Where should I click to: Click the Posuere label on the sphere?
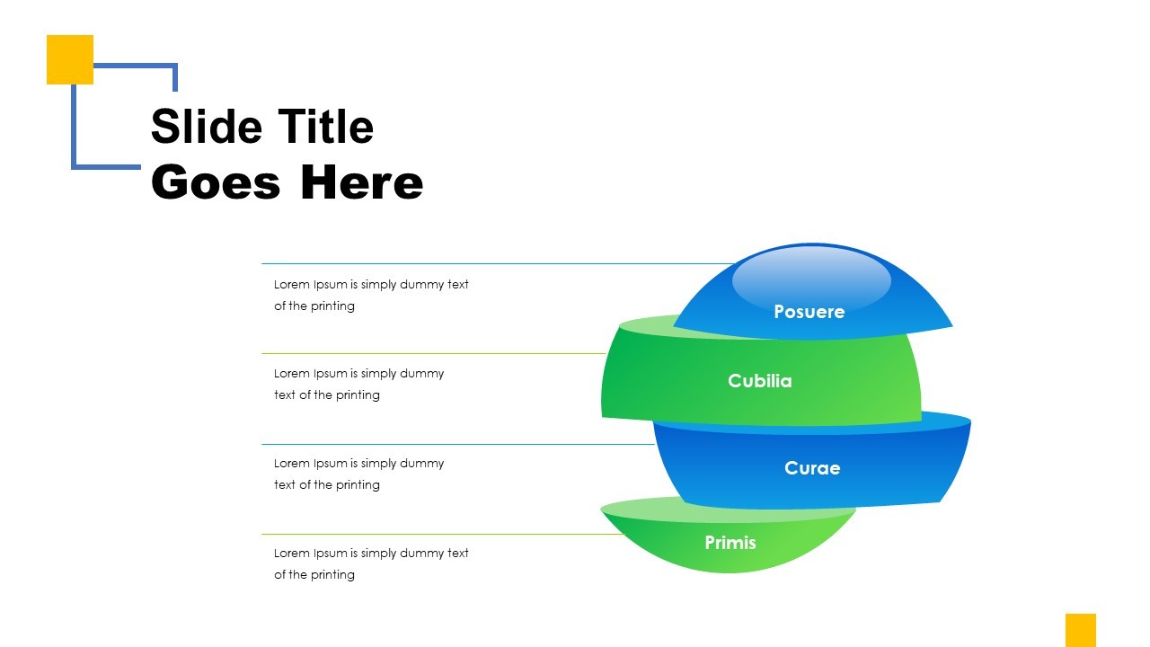pos(809,312)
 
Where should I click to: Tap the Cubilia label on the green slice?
pos(759,381)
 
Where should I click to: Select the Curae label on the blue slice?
pos(811,468)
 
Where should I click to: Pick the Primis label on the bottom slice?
pos(730,543)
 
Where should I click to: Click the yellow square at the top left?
pos(69,58)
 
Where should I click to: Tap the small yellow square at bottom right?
pos(1080,629)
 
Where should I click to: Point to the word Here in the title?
pos(361,182)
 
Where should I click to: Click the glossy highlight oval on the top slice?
pos(810,279)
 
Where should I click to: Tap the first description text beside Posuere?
pos(370,295)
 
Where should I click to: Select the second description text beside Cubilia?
pos(358,384)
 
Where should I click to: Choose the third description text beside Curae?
pos(358,474)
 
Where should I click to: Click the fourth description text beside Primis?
pos(370,563)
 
